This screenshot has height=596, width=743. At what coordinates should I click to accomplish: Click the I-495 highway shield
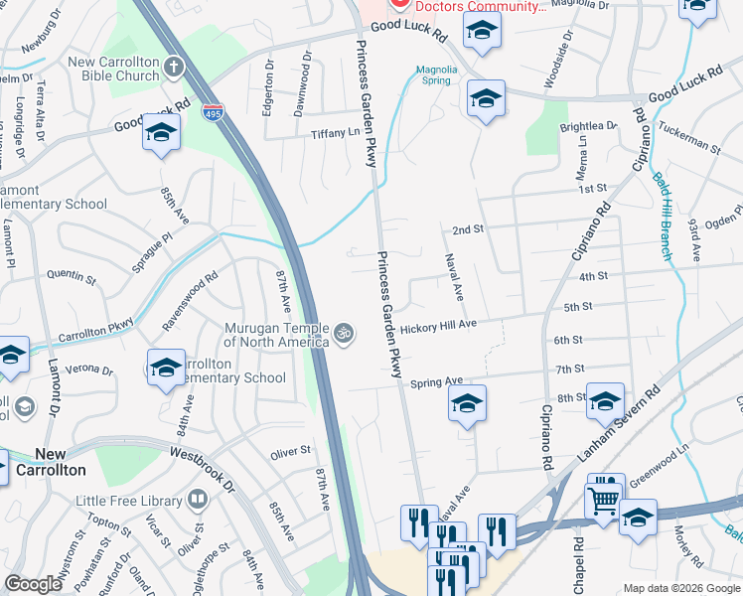212,113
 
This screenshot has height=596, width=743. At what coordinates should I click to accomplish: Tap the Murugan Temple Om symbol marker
344,333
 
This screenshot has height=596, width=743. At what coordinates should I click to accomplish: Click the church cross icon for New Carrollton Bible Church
174,68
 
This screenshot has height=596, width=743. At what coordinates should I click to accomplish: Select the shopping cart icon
602,501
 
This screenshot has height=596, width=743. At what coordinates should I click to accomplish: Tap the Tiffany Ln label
334,134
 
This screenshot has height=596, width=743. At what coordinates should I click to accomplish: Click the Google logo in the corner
34,584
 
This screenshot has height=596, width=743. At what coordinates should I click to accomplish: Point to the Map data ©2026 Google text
681,588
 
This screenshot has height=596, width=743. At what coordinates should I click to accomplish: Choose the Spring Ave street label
437,381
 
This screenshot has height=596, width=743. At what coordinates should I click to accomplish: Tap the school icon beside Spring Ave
467,403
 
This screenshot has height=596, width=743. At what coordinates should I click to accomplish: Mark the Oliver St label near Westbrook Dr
291,453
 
